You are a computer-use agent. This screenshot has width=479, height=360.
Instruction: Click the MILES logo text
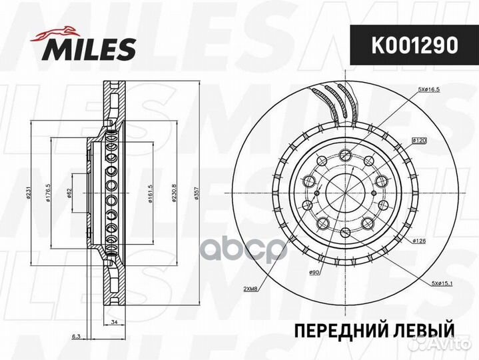pyautogui.click(x=92, y=49)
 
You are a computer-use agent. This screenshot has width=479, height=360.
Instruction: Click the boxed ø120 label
pyautogui.click(x=419, y=140)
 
